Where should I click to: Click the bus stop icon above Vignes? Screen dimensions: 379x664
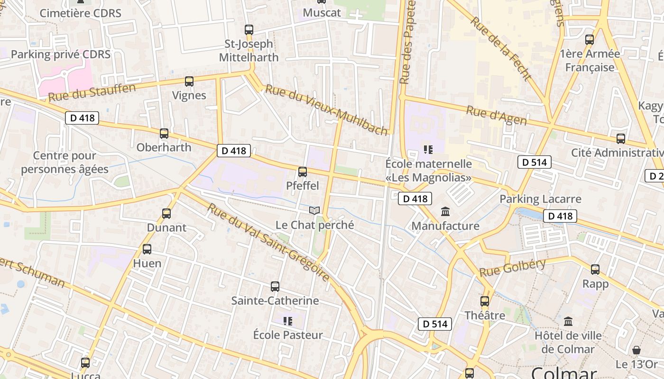189,81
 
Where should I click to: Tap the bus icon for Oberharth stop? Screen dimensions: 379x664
164,134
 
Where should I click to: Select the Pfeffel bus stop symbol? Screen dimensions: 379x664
303,172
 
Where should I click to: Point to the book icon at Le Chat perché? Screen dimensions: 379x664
314,210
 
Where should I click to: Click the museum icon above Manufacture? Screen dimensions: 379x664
445,211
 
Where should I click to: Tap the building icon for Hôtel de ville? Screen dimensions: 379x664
568,322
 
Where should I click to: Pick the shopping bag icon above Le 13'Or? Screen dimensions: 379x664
636,350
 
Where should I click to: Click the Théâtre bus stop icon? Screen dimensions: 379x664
484,301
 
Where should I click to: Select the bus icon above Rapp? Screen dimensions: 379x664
595,270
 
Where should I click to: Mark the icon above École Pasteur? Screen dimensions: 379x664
287,321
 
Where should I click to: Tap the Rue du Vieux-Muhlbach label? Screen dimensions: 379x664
326,110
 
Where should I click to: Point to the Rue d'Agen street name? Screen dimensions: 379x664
496,116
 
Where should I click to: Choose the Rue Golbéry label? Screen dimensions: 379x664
512,268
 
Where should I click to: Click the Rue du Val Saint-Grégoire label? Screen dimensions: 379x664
268,242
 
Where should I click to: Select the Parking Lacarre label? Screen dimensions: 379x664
540,199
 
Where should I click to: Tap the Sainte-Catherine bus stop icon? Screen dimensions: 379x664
275,287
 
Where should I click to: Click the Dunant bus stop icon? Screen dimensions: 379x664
166,214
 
